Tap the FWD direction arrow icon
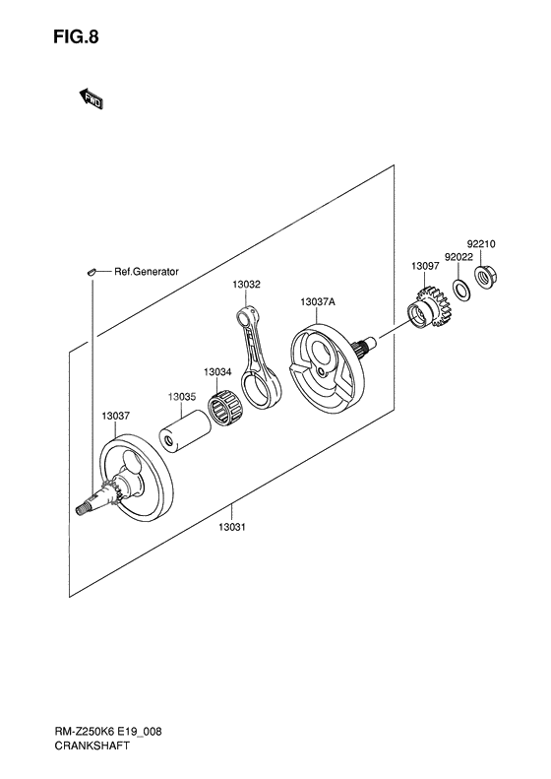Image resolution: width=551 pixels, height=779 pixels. pyautogui.click(x=92, y=98)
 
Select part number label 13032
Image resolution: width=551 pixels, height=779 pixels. pyautogui.click(x=246, y=284)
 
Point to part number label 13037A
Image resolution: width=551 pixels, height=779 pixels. pyautogui.click(x=318, y=301)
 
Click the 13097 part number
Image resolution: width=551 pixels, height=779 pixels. pyautogui.click(x=425, y=266)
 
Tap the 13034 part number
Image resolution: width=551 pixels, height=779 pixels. pyautogui.click(x=217, y=371)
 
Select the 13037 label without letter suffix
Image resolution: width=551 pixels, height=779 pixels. pyautogui.click(x=115, y=416)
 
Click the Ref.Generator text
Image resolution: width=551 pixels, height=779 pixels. pyautogui.click(x=146, y=271)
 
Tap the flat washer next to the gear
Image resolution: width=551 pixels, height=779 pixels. pyautogui.click(x=459, y=292)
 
